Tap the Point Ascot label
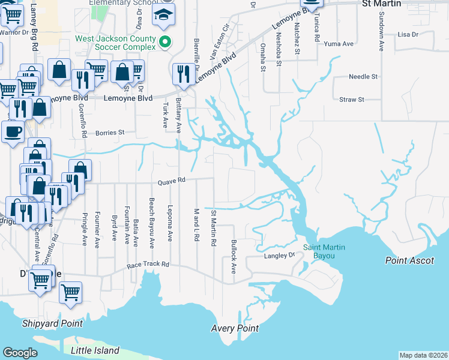pos(409,260)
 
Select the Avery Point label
pos(235,328)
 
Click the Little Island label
pos(95,350)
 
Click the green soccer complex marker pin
pos(167,42)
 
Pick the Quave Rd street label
pos(172,181)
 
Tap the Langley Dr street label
pos(280,256)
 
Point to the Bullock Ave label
pos(234,257)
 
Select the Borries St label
pos(109,132)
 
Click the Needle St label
pos(363,77)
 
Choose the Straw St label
pos(352,100)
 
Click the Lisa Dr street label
pos(408,35)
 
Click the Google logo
pos(20,353)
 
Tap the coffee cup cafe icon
pos(12,131)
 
